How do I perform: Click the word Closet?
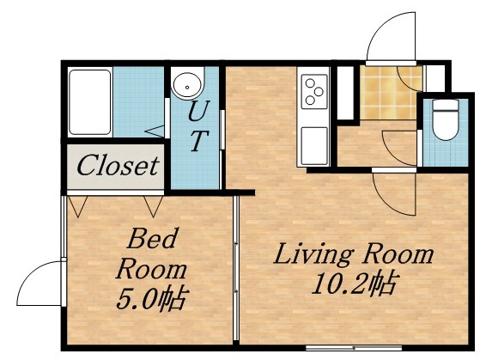pyautogui.click(x=118, y=165)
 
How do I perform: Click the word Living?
pyautogui.click(x=312, y=255)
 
